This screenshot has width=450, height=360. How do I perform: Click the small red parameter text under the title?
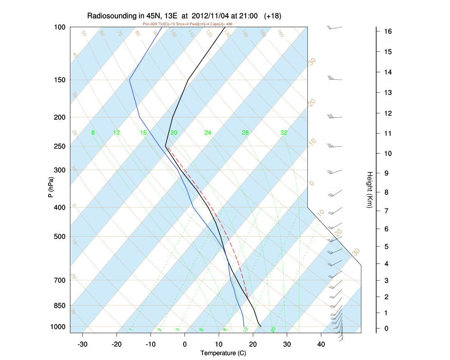(x=187, y=24)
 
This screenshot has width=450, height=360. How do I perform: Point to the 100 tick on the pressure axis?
(x=60, y=27)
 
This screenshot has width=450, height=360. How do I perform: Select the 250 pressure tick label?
(x=60, y=147)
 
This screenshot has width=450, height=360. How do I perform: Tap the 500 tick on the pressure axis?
(x=60, y=237)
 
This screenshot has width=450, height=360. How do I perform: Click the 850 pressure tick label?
(x=60, y=306)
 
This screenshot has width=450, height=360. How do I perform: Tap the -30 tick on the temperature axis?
(x=82, y=345)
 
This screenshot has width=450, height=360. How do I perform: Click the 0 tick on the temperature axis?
(x=185, y=345)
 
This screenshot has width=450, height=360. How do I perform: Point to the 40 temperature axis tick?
(x=321, y=345)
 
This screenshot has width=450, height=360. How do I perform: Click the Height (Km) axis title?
(x=369, y=189)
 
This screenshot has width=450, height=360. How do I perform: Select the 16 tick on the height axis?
(x=387, y=31)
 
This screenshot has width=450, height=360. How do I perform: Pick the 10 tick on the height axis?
(x=387, y=153)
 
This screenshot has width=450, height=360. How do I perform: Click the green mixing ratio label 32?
(x=284, y=133)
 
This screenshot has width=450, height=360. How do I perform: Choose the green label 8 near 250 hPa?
(x=93, y=133)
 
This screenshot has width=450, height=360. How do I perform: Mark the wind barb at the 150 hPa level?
(x=335, y=79)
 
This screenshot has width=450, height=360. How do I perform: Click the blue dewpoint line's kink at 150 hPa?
(x=130, y=80)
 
